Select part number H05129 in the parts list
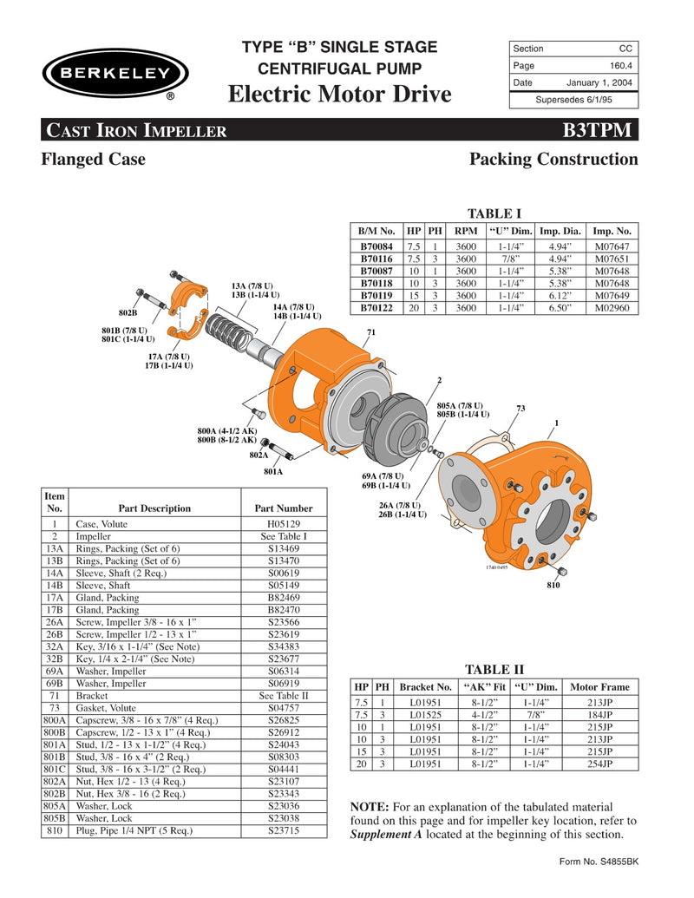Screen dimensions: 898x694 [283, 524]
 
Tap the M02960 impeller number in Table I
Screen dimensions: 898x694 [612, 307]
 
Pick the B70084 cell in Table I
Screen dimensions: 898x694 [376, 246]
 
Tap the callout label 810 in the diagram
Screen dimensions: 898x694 [553, 587]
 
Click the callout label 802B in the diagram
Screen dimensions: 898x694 [128, 311]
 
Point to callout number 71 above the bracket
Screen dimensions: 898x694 [370, 332]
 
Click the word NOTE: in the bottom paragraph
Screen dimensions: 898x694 [369, 807]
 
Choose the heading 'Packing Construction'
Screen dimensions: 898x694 [553, 160]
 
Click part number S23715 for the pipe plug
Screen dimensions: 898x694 [283, 830]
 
